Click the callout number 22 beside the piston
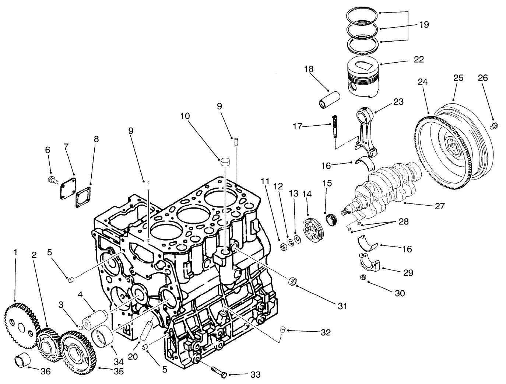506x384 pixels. point(419,59)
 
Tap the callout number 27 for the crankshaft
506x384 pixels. point(440,206)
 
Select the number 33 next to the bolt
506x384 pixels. point(255,375)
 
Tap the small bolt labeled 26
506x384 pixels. point(494,126)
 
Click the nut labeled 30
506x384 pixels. point(362,277)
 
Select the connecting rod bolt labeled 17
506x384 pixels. point(335,126)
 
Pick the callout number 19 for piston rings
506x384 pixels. point(424,25)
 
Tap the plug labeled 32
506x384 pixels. point(283,329)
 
